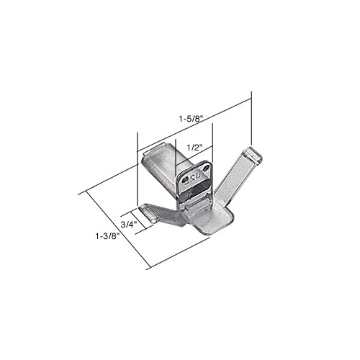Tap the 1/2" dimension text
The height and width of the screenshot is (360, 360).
192,148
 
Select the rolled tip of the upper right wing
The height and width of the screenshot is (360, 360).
251,153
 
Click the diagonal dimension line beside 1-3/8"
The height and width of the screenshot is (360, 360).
115,229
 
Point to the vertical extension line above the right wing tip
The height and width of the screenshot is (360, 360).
251,119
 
